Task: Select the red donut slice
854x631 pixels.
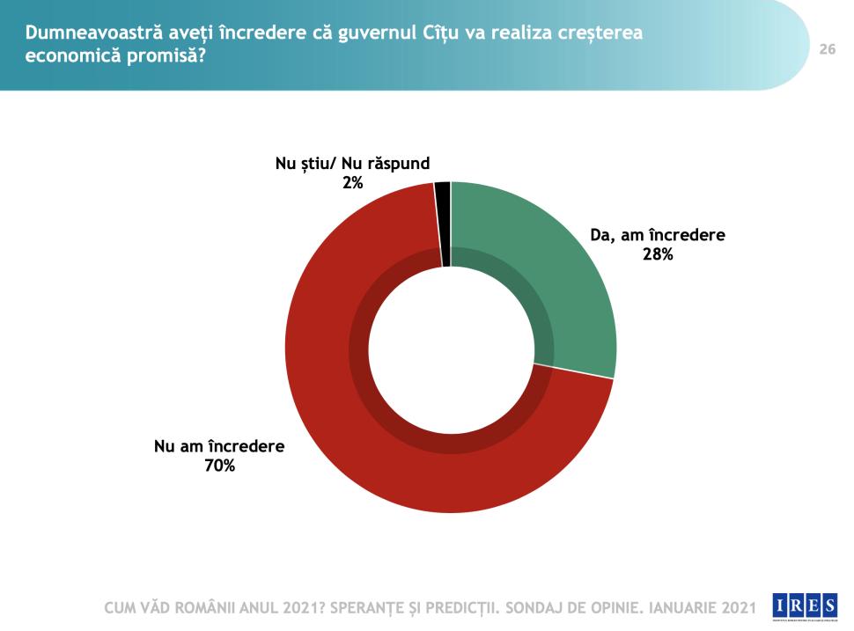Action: point(352,422)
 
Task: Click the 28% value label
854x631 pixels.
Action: point(657,254)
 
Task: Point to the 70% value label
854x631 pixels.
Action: point(219,466)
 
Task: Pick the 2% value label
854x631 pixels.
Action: point(353,182)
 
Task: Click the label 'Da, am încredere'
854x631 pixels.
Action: point(657,236)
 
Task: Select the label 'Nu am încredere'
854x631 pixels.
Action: point(219,446)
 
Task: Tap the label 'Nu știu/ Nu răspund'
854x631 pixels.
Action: point(353,164)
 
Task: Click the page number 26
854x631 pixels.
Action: point(827,49)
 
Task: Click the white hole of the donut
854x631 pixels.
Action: point(451,348)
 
